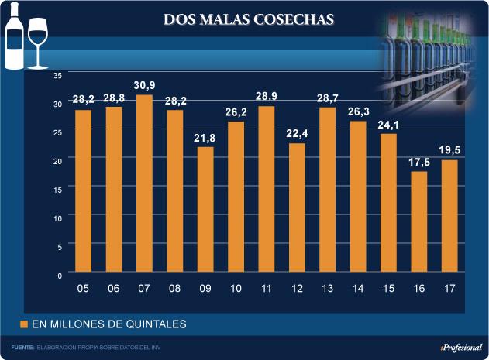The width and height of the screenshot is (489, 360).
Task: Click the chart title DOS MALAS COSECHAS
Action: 249,19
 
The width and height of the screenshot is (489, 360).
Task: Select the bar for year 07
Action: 144,183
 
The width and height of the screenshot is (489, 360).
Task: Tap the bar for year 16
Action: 419,221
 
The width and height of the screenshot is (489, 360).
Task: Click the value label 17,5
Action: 419,162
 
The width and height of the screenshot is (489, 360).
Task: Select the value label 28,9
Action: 266,96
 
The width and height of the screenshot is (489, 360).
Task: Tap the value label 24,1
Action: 388,124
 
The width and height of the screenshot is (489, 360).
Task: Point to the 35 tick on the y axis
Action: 57,75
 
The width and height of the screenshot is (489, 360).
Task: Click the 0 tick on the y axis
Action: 60,275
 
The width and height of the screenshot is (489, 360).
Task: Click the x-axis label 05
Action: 83,289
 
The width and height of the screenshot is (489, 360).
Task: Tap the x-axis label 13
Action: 327,289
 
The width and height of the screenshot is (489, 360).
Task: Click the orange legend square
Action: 24,323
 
